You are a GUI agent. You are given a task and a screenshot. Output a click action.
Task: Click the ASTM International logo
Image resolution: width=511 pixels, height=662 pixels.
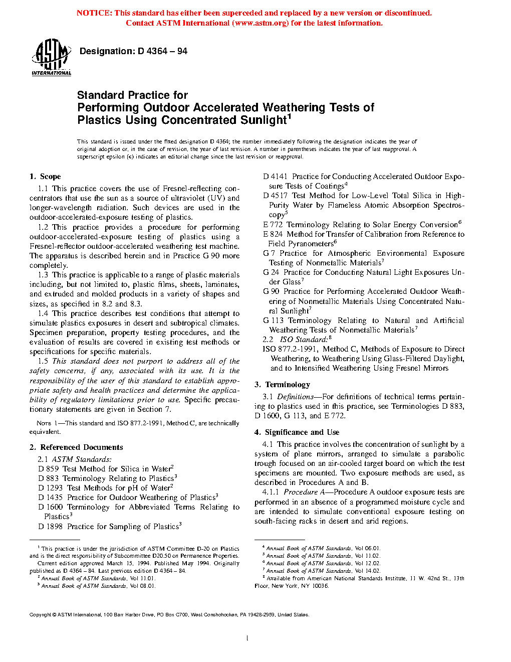pyautogui.click(x=51, y=58)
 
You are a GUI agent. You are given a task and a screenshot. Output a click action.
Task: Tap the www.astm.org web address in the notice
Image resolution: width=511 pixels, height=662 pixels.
pyautogui.click(x=261, y=23)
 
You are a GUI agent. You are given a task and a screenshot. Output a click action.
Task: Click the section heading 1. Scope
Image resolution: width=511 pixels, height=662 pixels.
pyautogui.click(x=45, y=177)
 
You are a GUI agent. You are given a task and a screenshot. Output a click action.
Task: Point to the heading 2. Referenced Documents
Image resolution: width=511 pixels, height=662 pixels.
pyautogui.click(x=76, y=447)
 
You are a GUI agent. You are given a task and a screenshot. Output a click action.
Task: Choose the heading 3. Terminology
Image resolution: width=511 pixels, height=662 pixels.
pyautogui.click(x=282, y=385)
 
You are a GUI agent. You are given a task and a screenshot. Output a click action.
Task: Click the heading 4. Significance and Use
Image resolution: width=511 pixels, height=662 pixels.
pyautogui.click(x=297, y=432)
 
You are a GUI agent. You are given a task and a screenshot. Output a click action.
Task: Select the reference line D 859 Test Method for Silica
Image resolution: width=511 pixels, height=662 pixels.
pyautogui.click(x=105, y=469)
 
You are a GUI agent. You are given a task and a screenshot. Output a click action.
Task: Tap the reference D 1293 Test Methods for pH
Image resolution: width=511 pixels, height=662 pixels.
pyautogui.click(x=105, y=488)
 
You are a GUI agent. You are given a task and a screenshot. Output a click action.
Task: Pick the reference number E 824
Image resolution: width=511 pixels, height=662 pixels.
pyautogui.click(x=273, y=234)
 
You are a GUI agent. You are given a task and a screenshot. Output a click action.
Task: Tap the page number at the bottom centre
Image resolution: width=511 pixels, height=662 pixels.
pyautogui.click(x=247, y=638)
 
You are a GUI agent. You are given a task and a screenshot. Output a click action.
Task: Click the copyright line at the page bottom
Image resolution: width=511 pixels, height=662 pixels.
pyautogui.click(x=169, y=615)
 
